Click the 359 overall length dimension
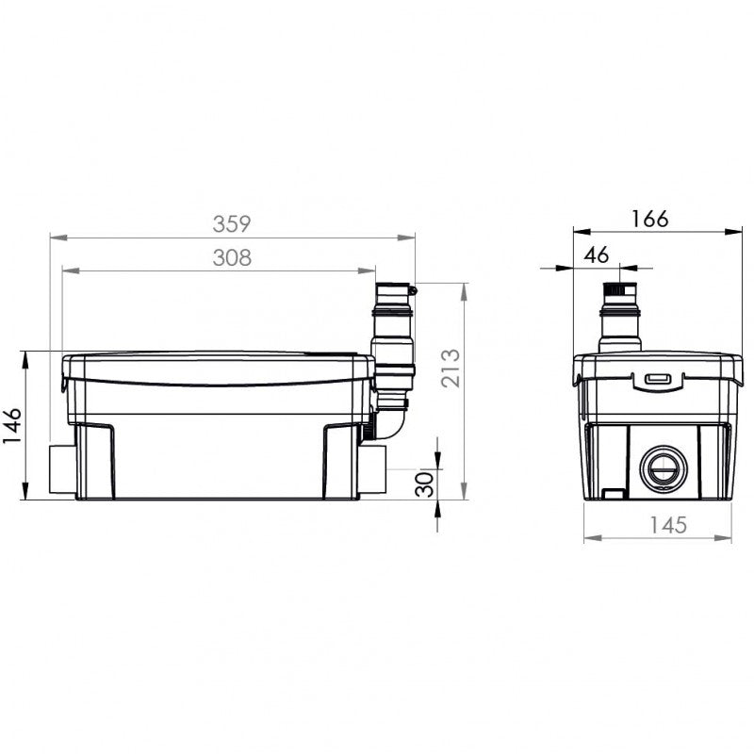231,223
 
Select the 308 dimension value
231,257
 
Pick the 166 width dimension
648,218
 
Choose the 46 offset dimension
596,254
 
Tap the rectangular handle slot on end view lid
657,379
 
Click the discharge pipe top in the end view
622,282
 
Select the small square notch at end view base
613,492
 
